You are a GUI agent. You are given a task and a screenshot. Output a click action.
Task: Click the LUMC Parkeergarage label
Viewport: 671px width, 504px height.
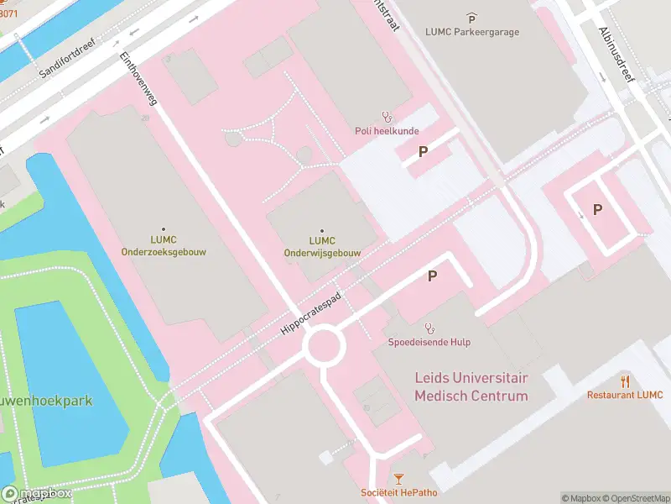tap(472, 32)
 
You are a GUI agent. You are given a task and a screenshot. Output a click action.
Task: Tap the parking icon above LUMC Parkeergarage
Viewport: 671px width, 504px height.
tap(472, 18)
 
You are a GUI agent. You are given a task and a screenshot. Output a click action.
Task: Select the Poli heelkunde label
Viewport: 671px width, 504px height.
tap(386, 131)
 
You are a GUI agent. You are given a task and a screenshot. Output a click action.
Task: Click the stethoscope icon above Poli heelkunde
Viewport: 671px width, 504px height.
tap(387, 117)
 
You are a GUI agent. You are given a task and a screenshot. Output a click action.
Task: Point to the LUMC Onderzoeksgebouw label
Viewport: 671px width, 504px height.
tap(163, 245)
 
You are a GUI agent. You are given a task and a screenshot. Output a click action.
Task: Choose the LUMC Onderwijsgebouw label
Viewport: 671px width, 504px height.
tap(322, 246)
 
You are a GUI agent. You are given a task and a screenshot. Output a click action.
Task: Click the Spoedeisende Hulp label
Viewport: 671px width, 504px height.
tap(429, 342)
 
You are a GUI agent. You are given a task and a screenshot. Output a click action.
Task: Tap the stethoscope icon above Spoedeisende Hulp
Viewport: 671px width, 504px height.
tap(429, 328)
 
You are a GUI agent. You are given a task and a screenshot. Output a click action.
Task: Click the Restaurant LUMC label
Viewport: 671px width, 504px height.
tap(625, 395)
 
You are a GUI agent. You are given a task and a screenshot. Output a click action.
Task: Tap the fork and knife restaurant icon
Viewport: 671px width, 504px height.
tap(625, 381)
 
